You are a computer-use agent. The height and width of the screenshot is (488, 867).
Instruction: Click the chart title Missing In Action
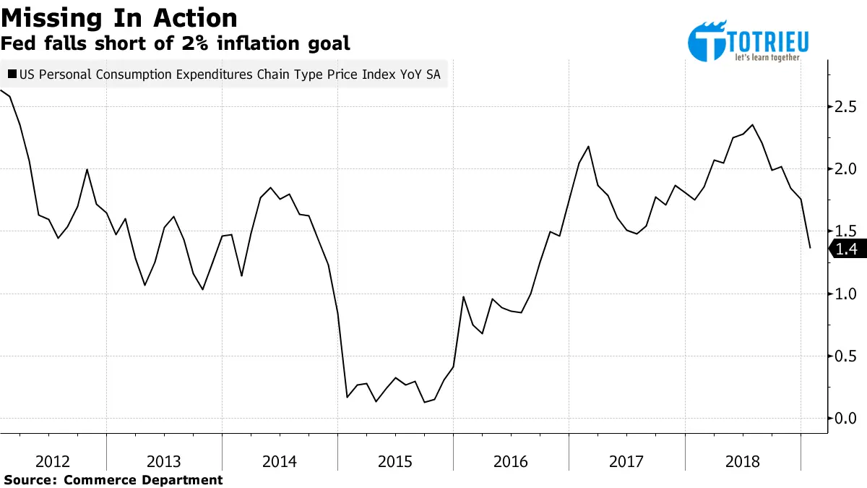(119, 17)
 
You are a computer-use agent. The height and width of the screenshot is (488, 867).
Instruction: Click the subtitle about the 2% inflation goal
(176, 43)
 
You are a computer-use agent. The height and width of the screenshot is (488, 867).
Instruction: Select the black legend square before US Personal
(12, 74)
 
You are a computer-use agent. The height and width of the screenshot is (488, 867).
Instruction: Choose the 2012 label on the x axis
(53, 461)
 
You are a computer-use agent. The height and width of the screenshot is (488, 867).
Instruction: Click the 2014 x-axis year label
(280, 461)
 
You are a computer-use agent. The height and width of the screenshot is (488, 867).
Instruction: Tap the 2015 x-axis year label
(395, 461)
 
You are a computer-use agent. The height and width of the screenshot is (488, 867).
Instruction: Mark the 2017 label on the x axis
(626, 461)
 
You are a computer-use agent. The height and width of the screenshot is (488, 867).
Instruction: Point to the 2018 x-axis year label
(742, 461)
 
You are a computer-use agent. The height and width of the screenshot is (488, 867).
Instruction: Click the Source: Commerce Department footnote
(113, 479)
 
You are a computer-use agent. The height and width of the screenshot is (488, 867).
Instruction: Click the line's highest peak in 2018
(753, 124)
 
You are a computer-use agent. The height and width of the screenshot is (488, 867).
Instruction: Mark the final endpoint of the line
(810, 248)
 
